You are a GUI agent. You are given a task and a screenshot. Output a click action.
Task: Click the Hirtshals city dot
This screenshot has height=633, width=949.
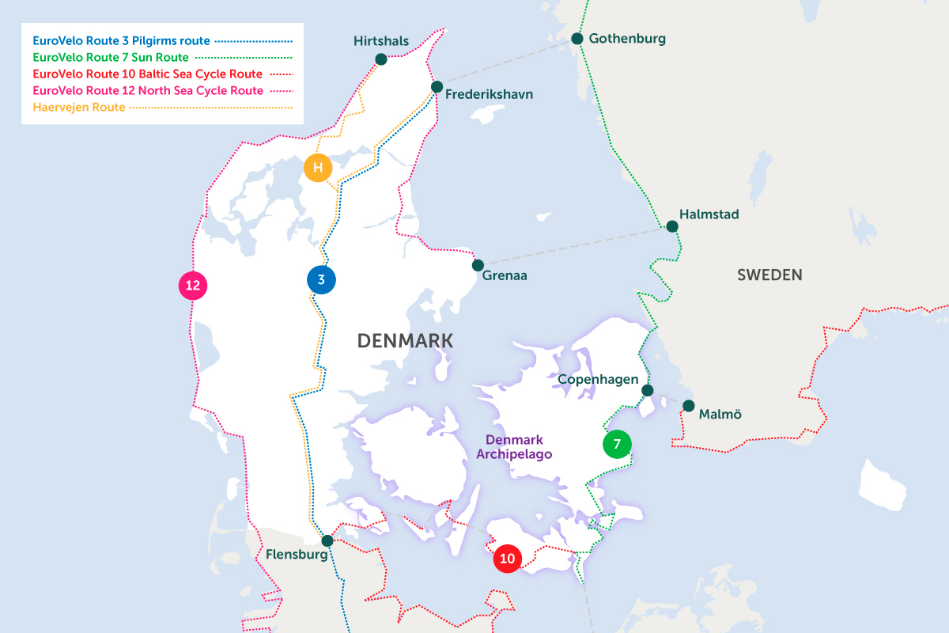pos(381,59)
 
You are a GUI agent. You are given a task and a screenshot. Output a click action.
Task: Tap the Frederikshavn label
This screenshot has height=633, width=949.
pos(489,94)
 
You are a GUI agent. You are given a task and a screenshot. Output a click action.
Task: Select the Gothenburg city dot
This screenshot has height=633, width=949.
pos(577,38)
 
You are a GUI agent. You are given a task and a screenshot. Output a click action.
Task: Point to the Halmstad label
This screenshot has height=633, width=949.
pos(709,214)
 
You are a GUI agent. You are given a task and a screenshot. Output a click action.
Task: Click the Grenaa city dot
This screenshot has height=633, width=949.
pos(478,265)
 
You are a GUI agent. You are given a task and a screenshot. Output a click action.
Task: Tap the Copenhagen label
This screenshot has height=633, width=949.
pos(598,379)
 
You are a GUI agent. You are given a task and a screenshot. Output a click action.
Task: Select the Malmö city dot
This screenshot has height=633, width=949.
pos(689,406)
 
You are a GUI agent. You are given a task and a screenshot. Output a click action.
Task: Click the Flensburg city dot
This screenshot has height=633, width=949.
pos(327,540)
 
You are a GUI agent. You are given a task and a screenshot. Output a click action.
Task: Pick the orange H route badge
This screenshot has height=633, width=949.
pos(318,168)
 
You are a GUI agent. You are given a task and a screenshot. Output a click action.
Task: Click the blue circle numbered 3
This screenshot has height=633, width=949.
pos(321,279)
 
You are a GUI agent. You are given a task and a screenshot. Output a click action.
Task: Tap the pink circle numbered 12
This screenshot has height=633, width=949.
pos(192,285)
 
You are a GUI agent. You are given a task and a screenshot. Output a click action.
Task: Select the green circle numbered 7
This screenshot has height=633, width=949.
pos(617,444)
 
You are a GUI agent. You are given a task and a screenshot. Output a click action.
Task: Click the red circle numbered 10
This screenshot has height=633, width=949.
pos(508,559)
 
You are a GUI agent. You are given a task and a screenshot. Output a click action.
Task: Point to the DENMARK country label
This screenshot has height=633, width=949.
pos(405,341)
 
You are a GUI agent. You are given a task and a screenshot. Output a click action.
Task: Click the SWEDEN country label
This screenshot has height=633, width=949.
pos(769,275)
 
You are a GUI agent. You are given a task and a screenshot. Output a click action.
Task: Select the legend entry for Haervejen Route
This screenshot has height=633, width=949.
pos(78,107)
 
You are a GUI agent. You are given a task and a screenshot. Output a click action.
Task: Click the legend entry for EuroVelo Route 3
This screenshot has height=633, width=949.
pos(122,40)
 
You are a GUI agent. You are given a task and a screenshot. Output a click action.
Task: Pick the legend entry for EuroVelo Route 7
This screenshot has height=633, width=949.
pos(110,57)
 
